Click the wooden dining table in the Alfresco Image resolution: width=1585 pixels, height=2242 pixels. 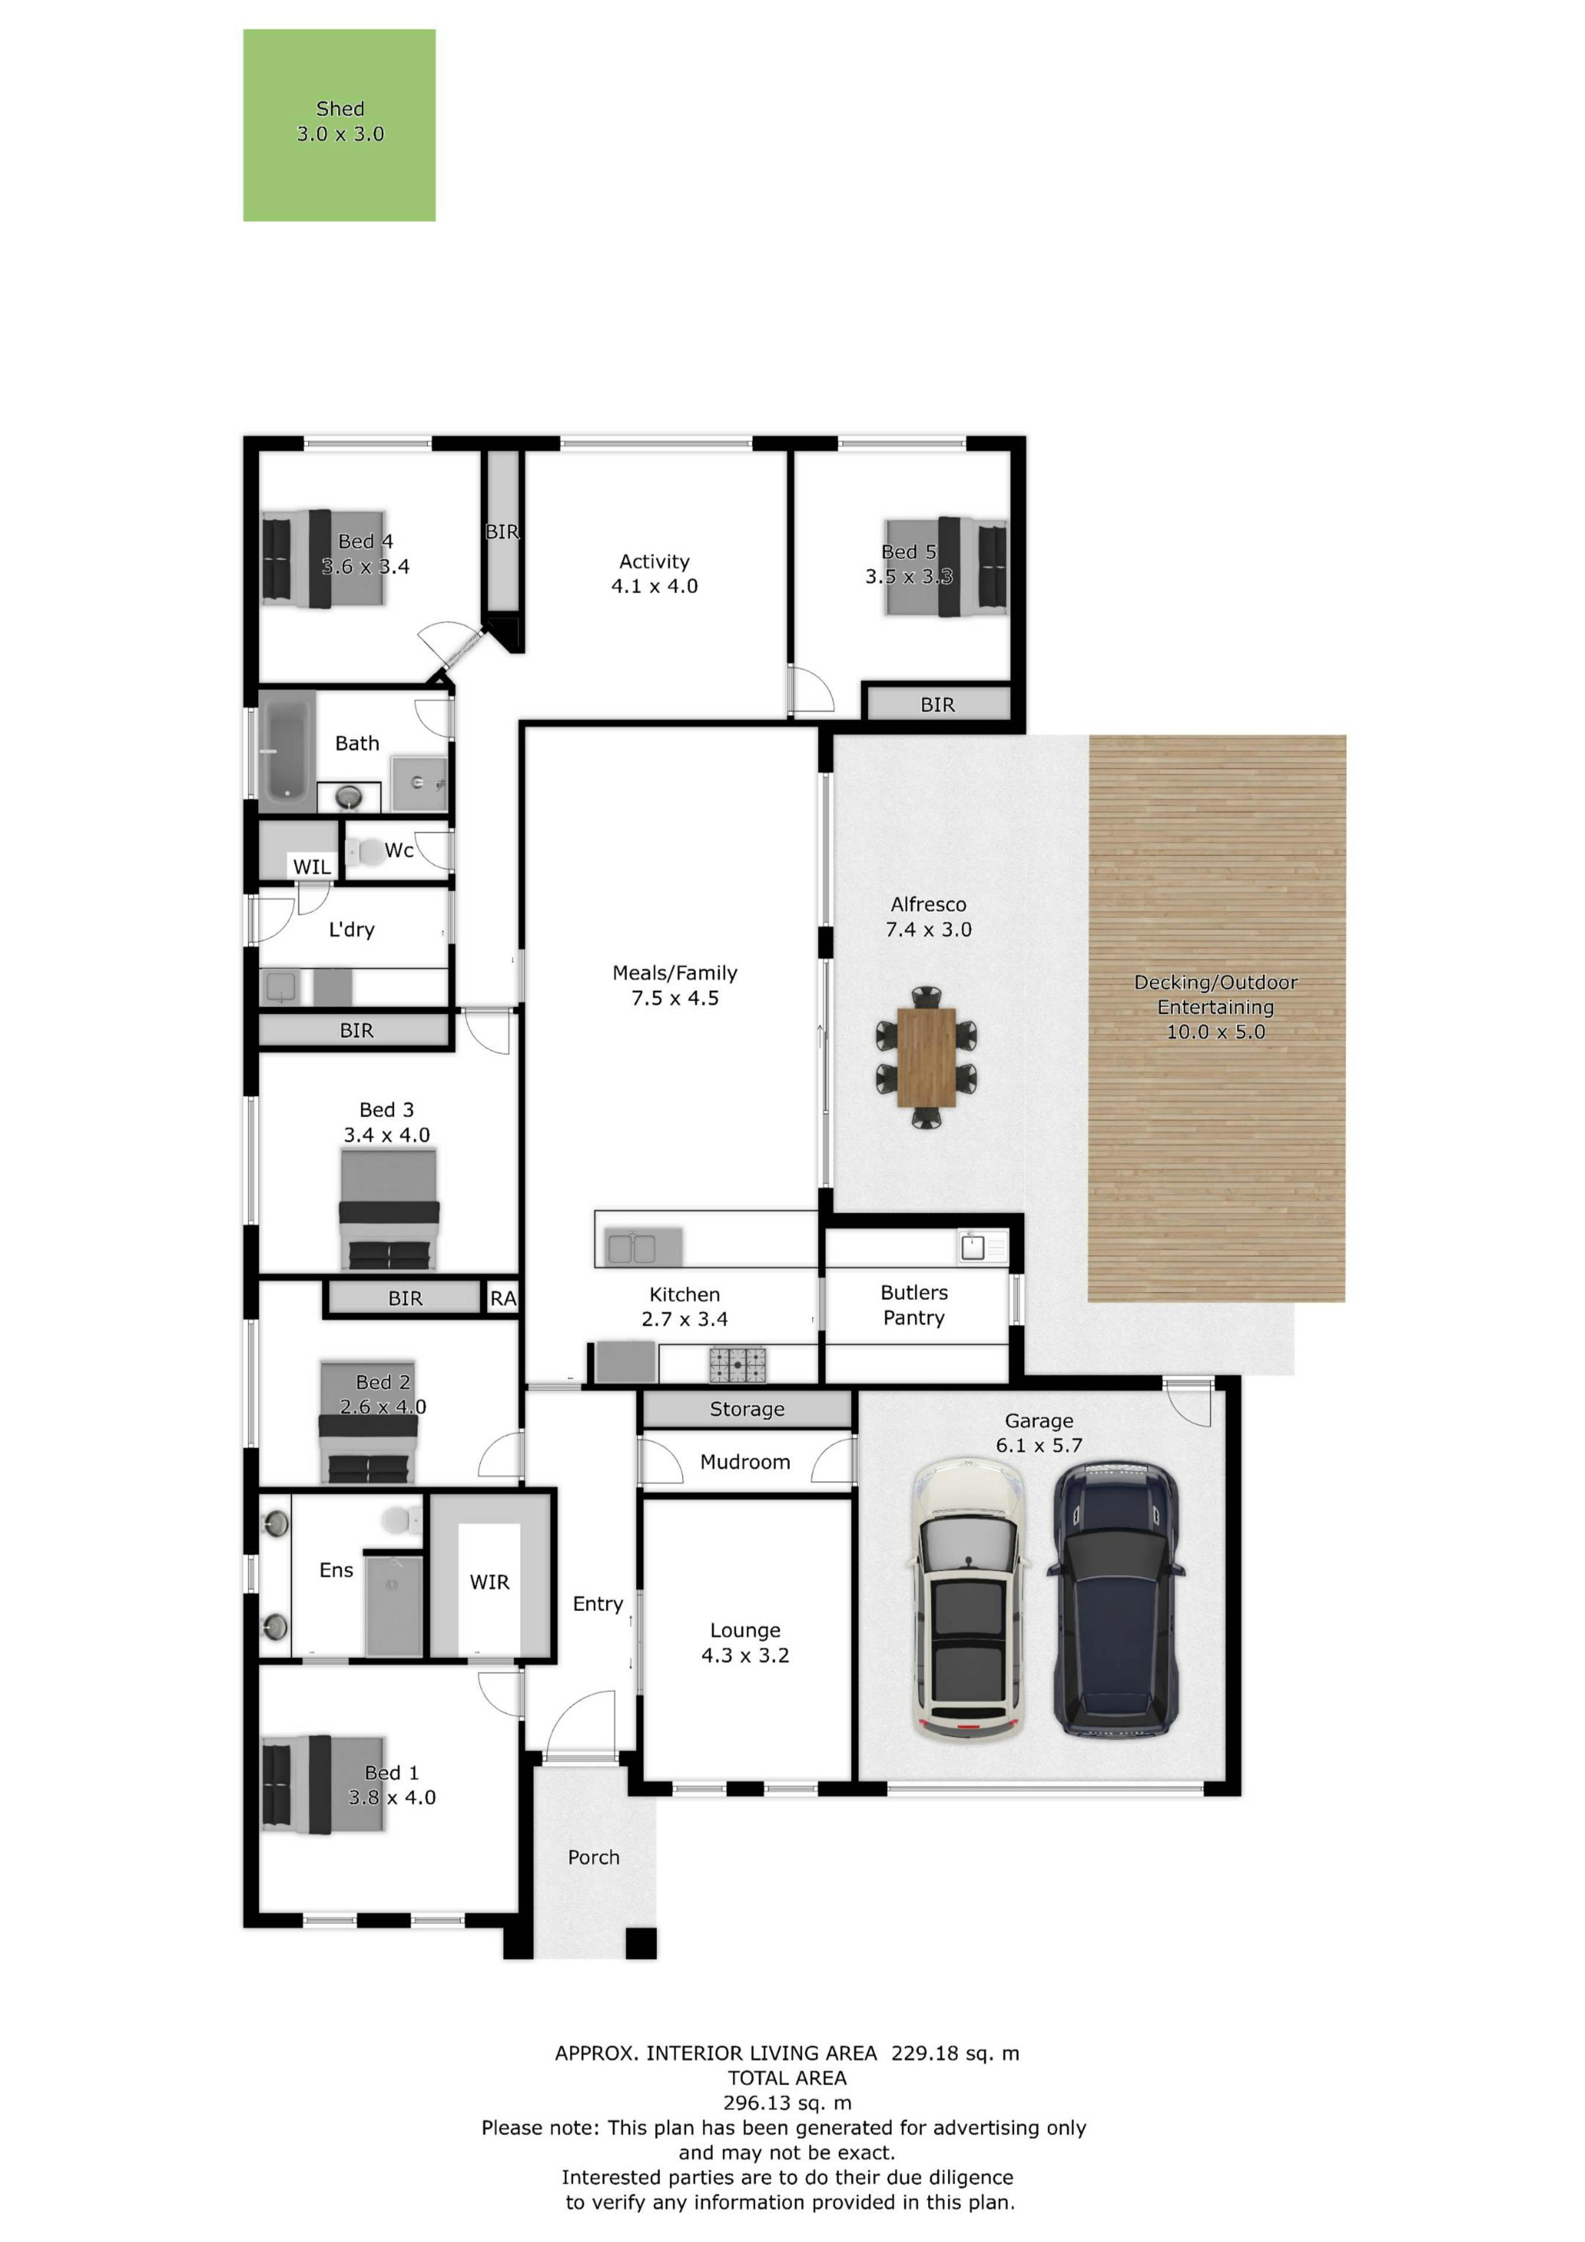[926, 1057]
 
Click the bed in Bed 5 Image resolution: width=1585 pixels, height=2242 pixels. [945, 566]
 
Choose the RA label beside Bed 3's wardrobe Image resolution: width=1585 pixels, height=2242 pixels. [503, 1298]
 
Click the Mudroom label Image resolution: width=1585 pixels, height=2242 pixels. [745, 1462]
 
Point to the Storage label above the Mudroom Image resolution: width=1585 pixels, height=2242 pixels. [747, 1409]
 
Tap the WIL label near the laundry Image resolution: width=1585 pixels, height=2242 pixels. [312, 866]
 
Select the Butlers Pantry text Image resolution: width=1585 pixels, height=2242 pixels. [914, 1304]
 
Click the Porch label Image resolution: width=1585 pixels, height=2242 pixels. [594, 1856]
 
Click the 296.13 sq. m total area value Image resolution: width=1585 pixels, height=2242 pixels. [787, 2102]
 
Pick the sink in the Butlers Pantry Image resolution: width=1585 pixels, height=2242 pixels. [973, 1247]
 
